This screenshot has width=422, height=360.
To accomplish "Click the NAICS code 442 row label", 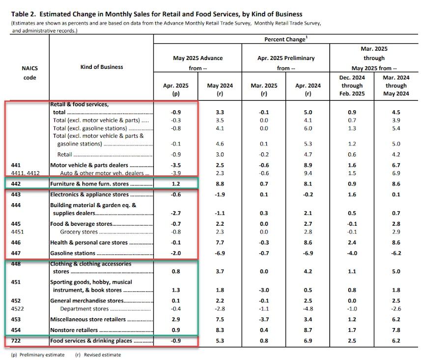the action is (16, 184).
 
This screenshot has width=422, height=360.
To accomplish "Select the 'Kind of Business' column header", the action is (102, 67).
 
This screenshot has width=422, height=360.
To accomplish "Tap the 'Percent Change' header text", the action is (285, 39).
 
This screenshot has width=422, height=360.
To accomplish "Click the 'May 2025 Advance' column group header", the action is (197, 58).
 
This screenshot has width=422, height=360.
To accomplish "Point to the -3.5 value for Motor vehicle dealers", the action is (176, 165).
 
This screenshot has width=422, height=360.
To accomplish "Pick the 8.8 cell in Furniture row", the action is (220, 184).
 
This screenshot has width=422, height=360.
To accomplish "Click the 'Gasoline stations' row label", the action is (73, 253).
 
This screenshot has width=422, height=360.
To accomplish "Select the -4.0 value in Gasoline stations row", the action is (352, 253).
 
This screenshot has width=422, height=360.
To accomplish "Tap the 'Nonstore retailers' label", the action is (74, 330).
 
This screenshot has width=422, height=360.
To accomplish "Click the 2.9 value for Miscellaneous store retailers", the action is (176, 319).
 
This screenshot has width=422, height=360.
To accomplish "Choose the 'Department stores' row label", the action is (84, 309).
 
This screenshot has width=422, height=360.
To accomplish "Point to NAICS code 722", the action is (16, 341).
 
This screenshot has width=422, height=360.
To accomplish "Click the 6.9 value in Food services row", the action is (308, 341).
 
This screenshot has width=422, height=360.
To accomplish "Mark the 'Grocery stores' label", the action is (79, 232).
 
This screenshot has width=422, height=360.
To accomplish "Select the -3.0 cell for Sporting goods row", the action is (264, 290).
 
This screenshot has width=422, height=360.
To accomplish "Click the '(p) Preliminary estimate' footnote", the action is (38, 355).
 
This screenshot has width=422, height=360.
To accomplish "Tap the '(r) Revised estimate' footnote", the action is (98, 355).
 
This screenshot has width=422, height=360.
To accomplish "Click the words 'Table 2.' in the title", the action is (23, 14).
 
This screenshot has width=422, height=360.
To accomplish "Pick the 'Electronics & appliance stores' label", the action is (89, 195).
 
